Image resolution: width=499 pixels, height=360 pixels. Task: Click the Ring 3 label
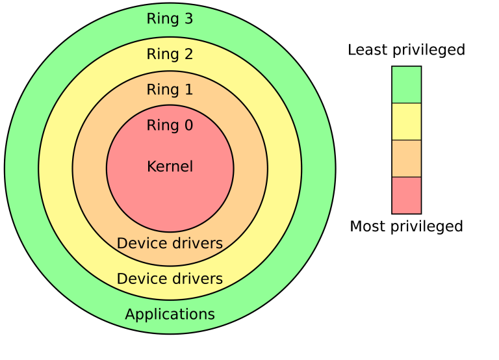click(x=170, y=19)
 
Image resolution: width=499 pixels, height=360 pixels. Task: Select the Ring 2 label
click(x=170, y=54)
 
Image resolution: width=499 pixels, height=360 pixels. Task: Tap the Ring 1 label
click(x=170, y=90)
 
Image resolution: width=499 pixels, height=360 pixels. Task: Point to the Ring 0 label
click(x=170, y=125)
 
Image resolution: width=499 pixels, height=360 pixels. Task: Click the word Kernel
click(x=170, y=166)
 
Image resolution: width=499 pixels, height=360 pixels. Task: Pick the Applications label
click(x=170, y=315)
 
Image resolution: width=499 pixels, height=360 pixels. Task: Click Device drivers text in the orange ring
click(x=170, y=244)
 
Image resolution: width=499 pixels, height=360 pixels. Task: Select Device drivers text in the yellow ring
click(x=170, y=279)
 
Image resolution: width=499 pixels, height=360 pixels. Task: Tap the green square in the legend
click(x=406, y=84)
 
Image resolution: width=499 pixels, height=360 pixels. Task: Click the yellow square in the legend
click(x=406, y=122)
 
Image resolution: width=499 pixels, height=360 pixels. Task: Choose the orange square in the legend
click(x=406, y=159)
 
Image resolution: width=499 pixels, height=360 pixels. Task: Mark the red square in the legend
click(x=406, y=195)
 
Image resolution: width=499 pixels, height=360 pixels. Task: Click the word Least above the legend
click(x=366, y=50)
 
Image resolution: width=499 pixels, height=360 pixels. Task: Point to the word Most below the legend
click(x=365, y=227)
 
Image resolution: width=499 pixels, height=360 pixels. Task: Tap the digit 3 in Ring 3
click(x=188, y=19)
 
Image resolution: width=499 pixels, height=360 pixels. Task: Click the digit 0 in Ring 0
click(x=188, y=125)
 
